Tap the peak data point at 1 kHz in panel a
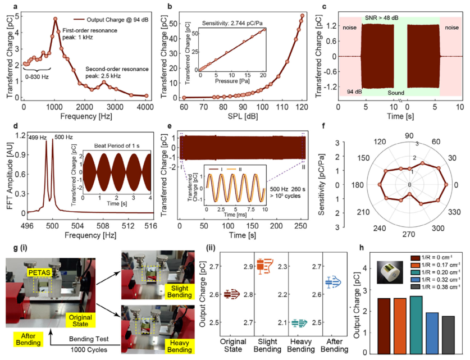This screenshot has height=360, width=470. (x=55, y=19)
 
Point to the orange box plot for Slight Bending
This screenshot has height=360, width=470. (x=264, y=266)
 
